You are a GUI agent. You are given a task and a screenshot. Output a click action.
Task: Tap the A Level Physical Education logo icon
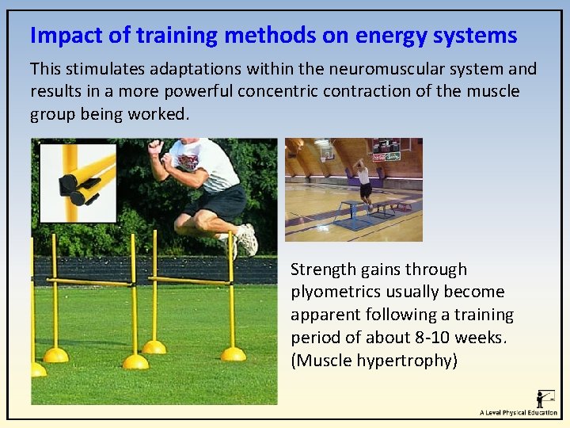tap(545, 398)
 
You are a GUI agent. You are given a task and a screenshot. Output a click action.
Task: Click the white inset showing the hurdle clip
tap(78, 182)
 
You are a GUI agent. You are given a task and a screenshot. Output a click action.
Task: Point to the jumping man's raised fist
tap(156, 147)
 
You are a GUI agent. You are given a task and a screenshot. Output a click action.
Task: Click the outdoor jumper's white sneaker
tap(246, 239)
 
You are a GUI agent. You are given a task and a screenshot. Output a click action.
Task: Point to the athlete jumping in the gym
tap(363, 180)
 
